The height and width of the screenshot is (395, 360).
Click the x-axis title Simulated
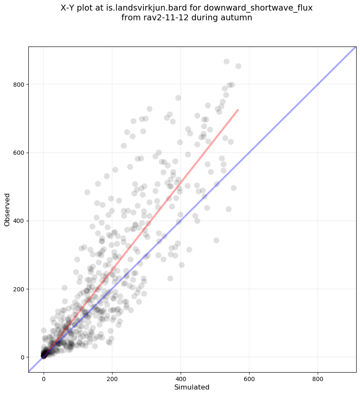(192, 387)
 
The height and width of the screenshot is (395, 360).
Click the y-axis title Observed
(7, 209)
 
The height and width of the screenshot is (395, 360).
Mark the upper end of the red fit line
(238, 110)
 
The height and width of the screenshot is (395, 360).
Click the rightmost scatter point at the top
(238, 66)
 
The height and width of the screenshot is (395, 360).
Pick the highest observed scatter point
(226, 62)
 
